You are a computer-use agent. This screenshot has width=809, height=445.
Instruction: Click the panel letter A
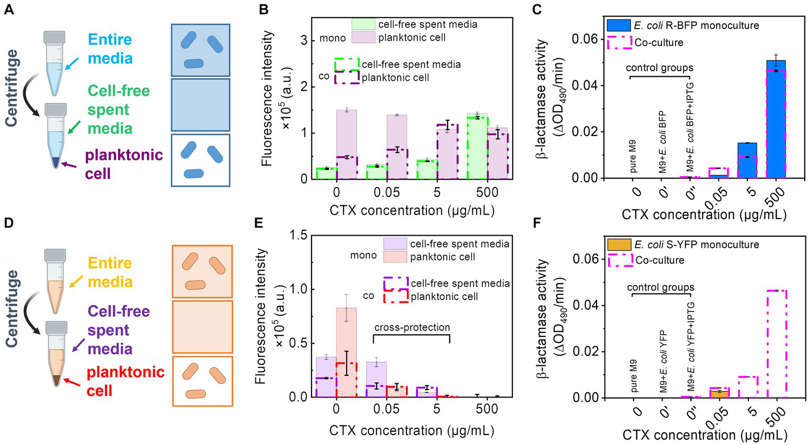pos(9,9)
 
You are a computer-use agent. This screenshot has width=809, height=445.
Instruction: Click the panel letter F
pos(537,223)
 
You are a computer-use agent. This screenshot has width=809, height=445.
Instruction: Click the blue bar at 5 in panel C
pos(747,160)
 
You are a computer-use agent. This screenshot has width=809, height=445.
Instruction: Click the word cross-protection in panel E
pos(412,327)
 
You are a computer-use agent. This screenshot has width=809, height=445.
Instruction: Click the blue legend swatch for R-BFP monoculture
pos(618,25)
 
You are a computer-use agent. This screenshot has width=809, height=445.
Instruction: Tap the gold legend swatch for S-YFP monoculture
pos(619,245)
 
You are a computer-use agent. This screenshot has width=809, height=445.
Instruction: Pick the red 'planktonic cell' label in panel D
pos(125,381)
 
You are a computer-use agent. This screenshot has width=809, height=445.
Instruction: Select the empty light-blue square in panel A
pos(200,104)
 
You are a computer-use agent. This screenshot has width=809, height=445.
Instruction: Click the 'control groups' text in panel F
pos(660,288)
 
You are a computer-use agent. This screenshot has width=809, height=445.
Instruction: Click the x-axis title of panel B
pos(412,211)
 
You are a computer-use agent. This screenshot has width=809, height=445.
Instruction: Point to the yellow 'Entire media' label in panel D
pos(110,272)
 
